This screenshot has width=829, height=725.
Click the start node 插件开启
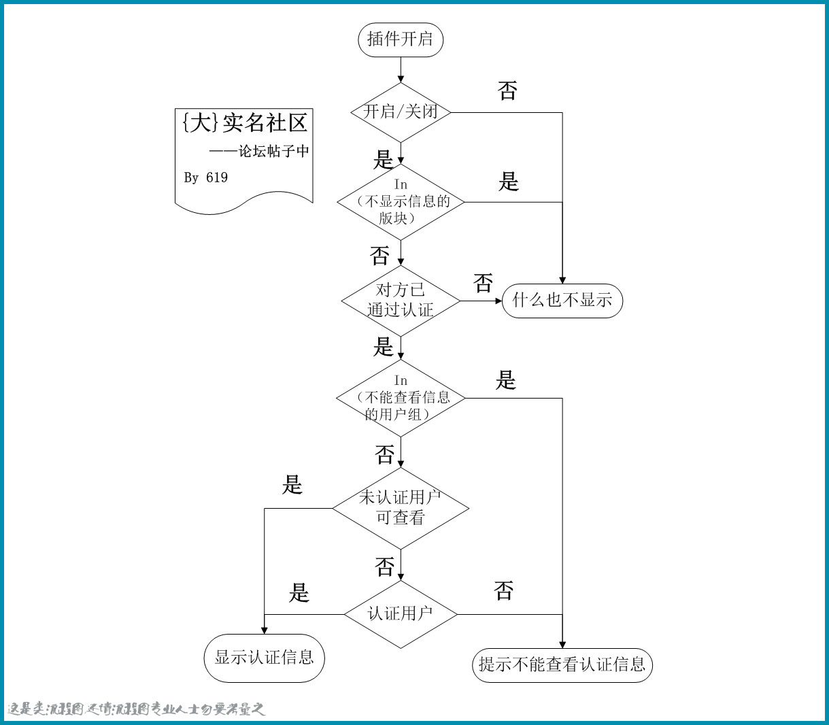click(401, 39)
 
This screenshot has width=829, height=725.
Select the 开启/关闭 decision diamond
click(401, 112)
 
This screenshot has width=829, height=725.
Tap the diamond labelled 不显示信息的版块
click(401, 202)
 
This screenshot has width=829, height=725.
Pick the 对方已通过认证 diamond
click(401, 300)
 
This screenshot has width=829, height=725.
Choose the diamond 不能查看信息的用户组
click(401, 398)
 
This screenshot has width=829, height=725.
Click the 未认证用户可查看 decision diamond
click(401, 507)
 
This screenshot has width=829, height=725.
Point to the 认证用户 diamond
click(401, 613)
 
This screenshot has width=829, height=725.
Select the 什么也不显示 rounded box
click(562, 301)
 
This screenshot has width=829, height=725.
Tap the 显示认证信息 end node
click(265, 657)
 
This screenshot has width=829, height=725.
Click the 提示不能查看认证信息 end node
click(562, 664)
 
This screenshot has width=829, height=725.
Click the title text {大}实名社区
click(245, 123)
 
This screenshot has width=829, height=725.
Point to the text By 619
click(206, 178)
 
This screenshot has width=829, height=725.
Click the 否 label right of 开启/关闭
click(507, 91)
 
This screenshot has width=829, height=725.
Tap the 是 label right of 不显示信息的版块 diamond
click(509, 182)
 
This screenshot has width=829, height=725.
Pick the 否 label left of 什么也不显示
click(483, 283)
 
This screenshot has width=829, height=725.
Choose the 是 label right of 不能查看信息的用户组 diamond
click(506, 380)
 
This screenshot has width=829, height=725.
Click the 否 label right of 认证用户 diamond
click(503, 590)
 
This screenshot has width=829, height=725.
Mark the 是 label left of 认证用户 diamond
click(299, 592)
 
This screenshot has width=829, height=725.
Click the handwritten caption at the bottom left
click(136, 709)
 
